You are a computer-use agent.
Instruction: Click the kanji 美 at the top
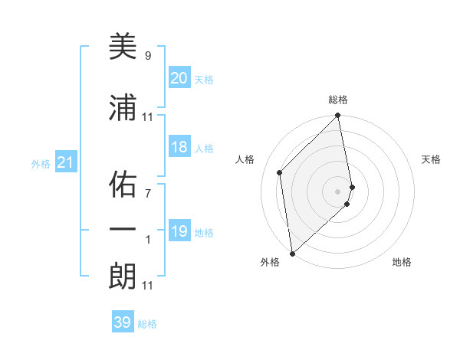tap(122, 48)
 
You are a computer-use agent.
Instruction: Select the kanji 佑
tap(122, 185)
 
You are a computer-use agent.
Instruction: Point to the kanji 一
tap(122, 231)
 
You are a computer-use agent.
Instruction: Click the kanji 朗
tap(122, 277)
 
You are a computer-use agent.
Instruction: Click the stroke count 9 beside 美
tap(148, 56)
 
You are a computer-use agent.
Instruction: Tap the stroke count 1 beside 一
tap(148, 239)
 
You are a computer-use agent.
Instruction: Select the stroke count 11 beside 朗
tap(148, 286)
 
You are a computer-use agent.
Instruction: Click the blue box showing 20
tap(179, 78)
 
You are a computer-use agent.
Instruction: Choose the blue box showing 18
tap(179, 147)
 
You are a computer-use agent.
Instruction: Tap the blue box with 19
tap(179, 231)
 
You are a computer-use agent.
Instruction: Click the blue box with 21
tap(65, 162)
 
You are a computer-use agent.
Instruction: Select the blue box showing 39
tap(122, 322)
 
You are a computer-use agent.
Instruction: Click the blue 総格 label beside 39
tap(148, 324)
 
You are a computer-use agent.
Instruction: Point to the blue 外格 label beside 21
tap(41, 163)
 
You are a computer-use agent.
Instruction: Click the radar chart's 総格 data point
tap(338, 116)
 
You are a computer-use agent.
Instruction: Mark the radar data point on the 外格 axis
tap(292, 253)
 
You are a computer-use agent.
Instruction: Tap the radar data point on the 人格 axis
tap(280, 172)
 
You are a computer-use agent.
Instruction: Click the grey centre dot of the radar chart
tap(338, 191)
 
